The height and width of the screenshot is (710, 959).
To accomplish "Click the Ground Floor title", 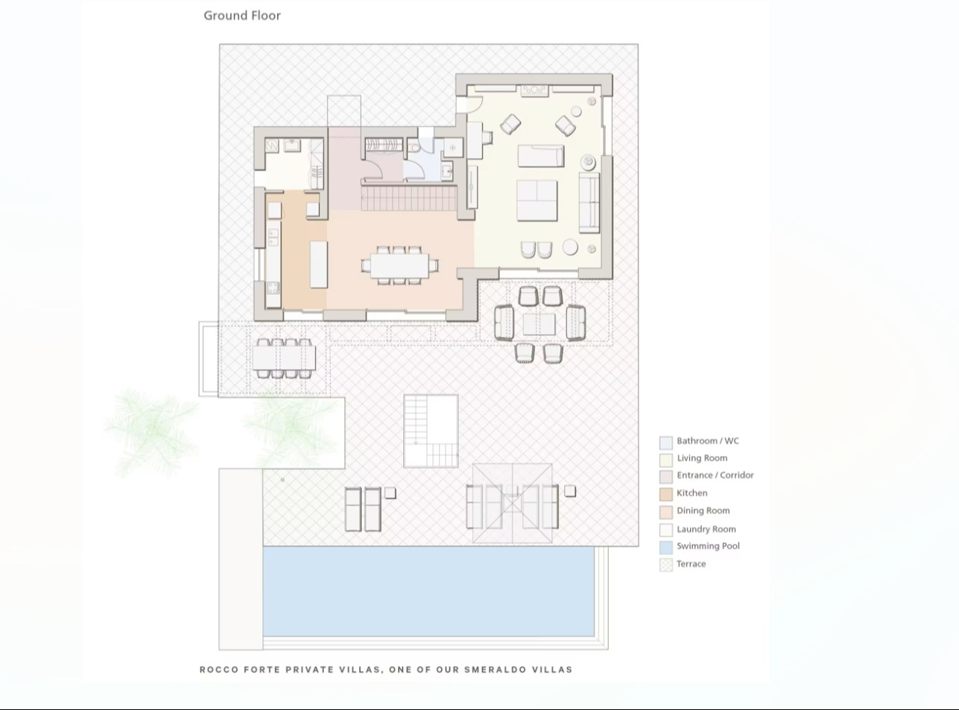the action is pos(242,16).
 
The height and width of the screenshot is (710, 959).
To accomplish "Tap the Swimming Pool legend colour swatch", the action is pos(666,548).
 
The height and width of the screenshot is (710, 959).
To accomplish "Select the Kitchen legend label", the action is pos(691,493).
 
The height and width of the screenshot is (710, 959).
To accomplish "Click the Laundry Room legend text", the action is pos(706,529).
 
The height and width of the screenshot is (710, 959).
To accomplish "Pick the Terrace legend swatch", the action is pos(666,565).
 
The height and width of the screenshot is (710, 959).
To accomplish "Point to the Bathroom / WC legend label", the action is pos(708,440).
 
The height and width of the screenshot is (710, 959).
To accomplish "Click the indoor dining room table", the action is pos(400,265).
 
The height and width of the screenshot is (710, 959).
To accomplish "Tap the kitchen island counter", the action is pos(319,264).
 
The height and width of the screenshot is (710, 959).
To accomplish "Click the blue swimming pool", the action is pos(428,591).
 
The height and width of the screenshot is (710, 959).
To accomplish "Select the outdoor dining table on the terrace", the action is pos(284,358).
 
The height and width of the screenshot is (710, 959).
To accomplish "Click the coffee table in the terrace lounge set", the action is pos(539,324).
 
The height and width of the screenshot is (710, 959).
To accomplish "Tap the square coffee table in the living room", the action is pos(537,200).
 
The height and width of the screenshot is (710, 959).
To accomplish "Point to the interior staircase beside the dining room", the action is pos(409,198).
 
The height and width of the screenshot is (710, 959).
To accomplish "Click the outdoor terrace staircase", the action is pos(431,431).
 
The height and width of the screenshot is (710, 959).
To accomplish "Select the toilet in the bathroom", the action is pos(414,148).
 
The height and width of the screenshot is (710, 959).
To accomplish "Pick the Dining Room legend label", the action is pos(703,510).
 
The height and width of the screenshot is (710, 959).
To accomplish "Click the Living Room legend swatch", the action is pos(666,460).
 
